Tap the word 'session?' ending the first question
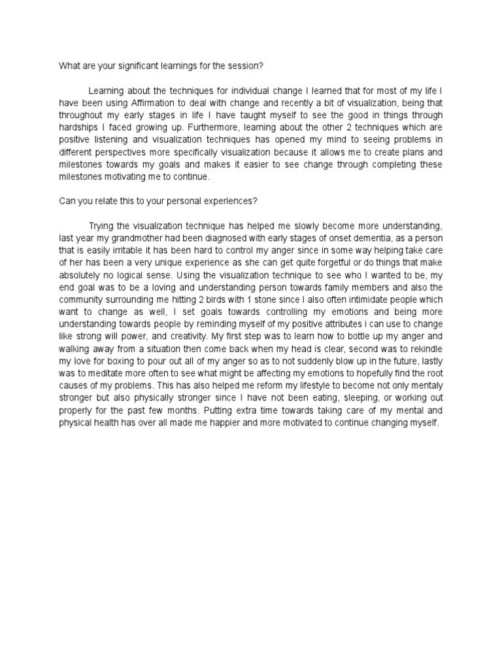(x=248, y=66)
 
